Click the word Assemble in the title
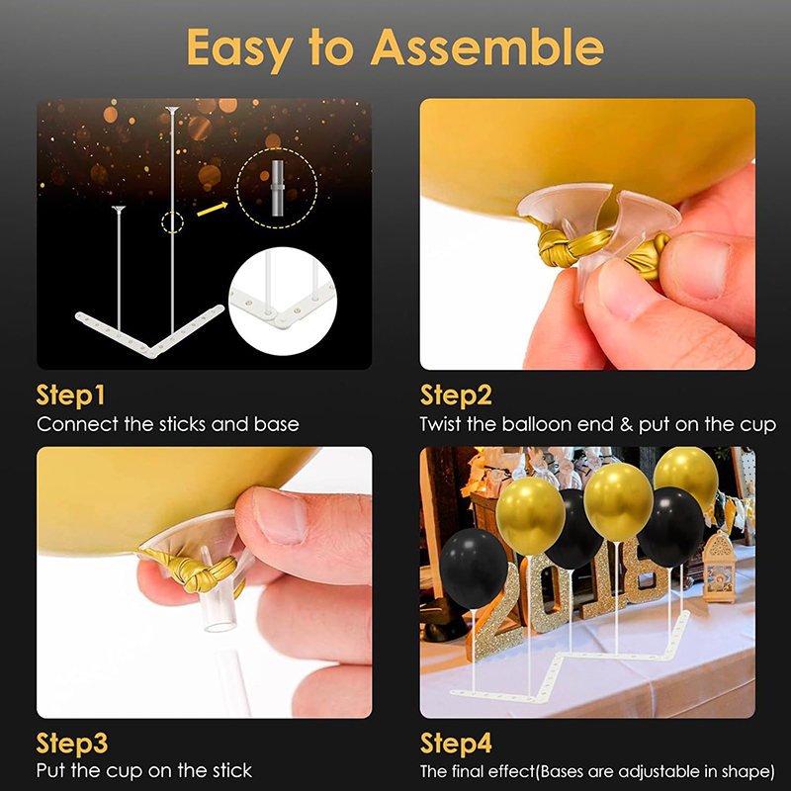[x=486, y=46]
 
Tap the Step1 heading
[x=70, y=395]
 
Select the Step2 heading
[x=456, y=395]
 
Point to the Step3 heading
[x=71, y=744]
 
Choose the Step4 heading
[x=456, y=744]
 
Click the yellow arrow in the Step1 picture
[x=212, y=209]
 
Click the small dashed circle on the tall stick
[x=172, y=221]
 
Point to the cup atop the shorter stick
[x=119, y=210]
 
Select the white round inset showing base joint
[x=283, y=302]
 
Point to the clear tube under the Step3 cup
[x=220, y=613]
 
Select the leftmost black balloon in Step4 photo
[x=474, y=569]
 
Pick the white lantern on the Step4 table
[x=720, y=567]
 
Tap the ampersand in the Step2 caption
[x=626, y=424]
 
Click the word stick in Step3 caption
[x=232, y=771]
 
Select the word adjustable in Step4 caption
[x=659, y=772]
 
